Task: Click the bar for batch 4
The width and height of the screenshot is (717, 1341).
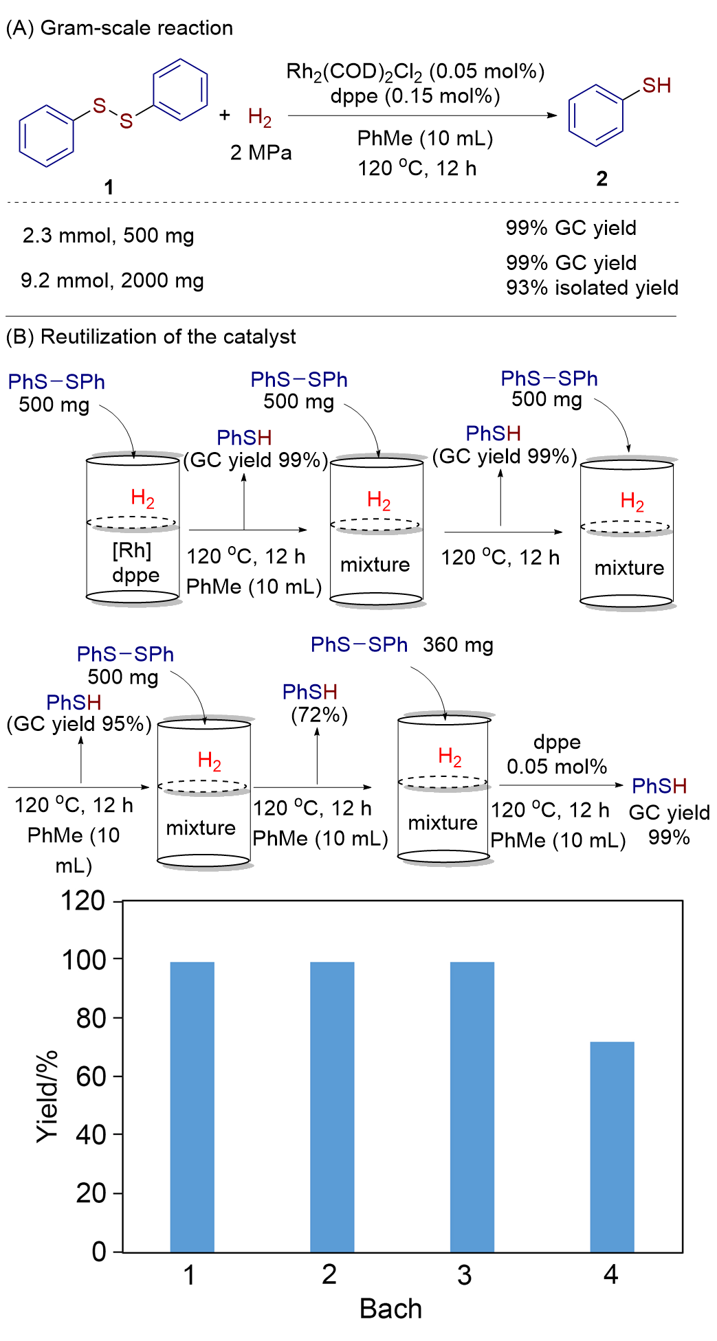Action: (612, 1147)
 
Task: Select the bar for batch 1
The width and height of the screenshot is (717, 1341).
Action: (192, 1107)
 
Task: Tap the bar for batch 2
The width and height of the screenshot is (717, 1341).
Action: (332, 1107)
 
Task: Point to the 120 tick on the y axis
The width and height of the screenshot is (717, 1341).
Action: (82, 901)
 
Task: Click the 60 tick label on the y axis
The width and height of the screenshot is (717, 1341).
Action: (91, 1077)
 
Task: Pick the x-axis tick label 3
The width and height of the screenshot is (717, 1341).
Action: (465, 1276)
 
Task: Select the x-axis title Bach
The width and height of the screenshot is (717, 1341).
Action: (390, 1309)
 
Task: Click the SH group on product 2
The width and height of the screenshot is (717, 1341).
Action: (657, 86)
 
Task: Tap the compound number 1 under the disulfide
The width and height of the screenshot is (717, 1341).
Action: (109, 187)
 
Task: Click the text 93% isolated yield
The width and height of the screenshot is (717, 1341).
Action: (592, 288)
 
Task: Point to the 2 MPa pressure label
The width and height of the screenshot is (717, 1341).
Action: (261, 153)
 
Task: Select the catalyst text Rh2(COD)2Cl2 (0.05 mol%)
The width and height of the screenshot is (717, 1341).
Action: (415, 71)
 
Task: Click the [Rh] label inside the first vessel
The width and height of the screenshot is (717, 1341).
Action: (132, 550)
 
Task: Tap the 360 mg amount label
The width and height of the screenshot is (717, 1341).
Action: (458, 645)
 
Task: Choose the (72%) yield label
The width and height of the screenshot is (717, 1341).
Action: (319, 715)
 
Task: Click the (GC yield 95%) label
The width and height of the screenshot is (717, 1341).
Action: (79, 724)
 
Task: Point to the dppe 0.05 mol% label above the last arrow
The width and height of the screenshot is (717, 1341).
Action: (557, 754)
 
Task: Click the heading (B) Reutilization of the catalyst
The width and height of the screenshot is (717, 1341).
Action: (151, 337)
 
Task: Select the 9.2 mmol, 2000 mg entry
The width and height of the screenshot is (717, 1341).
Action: (112, 280)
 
